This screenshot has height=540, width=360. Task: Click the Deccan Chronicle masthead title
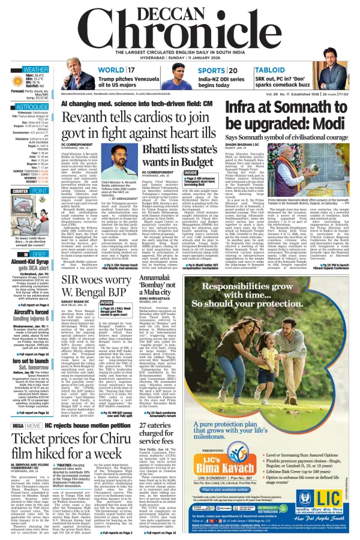(179, 27)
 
